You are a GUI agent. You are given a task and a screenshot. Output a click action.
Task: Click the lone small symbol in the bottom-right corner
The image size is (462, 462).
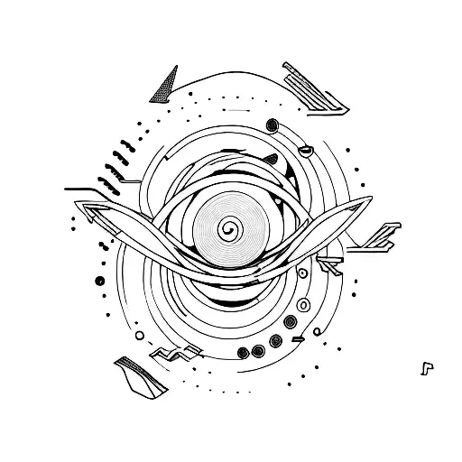425,367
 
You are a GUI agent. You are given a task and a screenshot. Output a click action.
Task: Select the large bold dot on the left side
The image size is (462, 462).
99,280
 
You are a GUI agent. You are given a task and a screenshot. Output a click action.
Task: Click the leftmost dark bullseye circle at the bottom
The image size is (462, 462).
241,352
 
